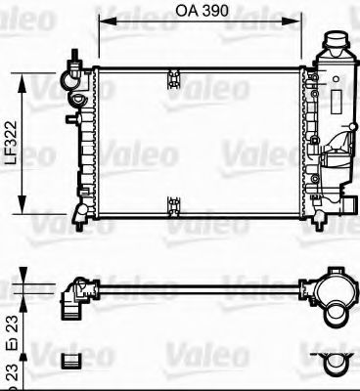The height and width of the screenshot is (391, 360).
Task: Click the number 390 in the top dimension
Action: coord(215,12)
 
